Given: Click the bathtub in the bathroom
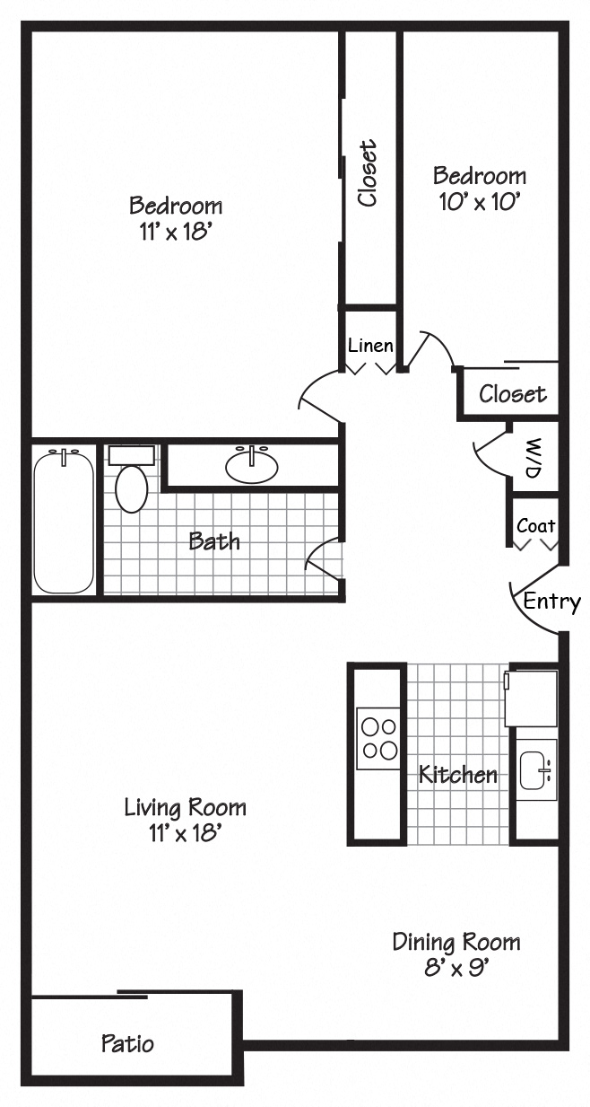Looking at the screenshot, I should (64, 521).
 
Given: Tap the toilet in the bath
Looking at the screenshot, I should (131, 484).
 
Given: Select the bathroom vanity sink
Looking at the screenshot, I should (251, 465).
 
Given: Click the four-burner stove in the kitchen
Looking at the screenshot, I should (377, 738).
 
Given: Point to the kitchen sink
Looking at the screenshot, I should (536, 769).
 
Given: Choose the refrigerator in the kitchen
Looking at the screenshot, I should (532, 698).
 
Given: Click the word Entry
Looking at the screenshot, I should (551, 602).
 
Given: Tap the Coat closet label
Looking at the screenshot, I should (535, 526).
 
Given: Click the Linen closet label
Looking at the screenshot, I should (370, 345).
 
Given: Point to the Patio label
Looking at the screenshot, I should (127, 1043).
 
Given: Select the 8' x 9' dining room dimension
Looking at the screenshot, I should (456, 968).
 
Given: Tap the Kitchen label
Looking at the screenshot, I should (458, 774).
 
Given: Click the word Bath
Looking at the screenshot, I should (214, 540).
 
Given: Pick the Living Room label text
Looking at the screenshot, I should (185, 807).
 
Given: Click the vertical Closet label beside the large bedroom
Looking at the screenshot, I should (368, 173).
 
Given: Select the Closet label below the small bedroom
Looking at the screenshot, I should (512, 393).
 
